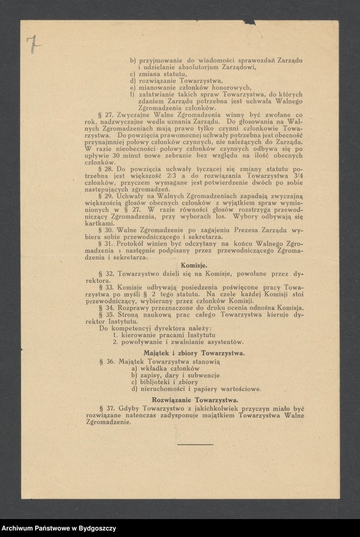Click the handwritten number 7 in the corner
pyautogui.click(x=30, y=45)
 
